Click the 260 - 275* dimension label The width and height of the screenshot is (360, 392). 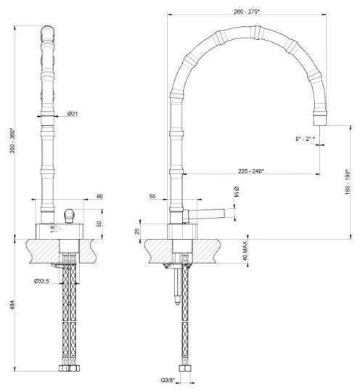point(247,12)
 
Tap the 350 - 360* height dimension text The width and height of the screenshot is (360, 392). point(12,141)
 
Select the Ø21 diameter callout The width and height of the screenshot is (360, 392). point(73,113)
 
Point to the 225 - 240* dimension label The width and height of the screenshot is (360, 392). point(251,171)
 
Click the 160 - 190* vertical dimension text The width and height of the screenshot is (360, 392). point(348,182)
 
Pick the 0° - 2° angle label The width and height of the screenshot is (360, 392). point(305,139)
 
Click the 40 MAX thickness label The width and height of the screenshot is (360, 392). point(245,250)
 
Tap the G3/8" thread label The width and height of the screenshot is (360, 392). point(168,380)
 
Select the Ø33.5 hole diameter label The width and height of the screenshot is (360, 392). point(42,281)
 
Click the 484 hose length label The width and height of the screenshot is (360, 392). point(12,305)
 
